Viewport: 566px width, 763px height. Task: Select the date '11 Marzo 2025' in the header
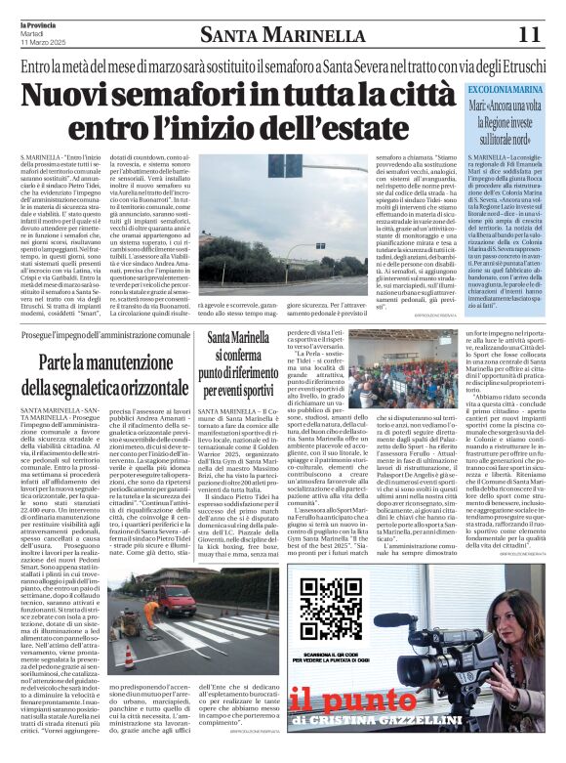tap(42, 43)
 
